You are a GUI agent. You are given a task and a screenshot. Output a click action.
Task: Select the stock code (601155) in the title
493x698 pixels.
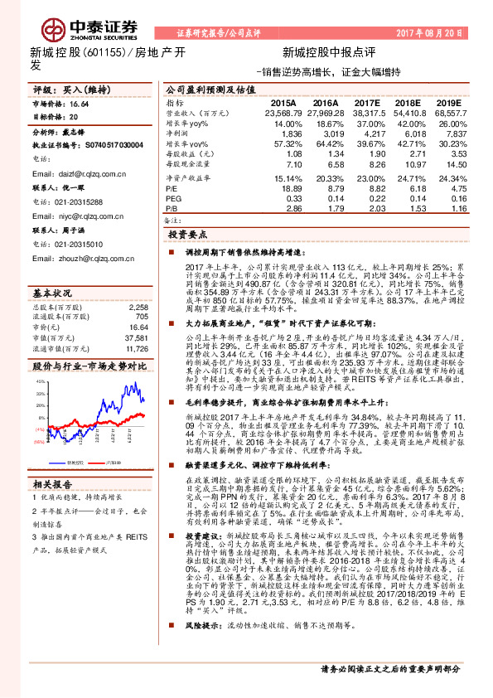(105, 53)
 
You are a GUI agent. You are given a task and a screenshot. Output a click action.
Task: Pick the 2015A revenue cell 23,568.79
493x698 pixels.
(284, 112)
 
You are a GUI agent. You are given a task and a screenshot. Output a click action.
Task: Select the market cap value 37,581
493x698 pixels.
(137, 315)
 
